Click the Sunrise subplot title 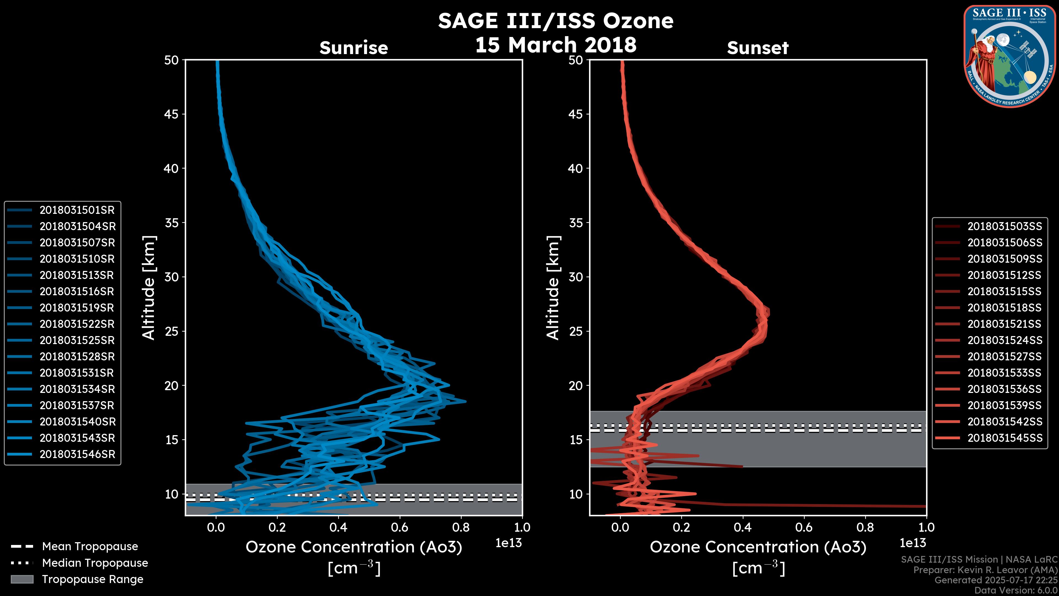pos(354,48)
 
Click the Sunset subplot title pos(758,48)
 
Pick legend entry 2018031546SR pos(77,454)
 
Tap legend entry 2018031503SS pos(1005,227)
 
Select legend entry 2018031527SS pos(1005,356)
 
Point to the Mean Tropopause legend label pos(90,547)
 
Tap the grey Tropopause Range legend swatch pos(22,579)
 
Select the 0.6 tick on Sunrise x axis pos(400,527)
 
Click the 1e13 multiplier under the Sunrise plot pos(509,543)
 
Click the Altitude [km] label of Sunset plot pos(553,288)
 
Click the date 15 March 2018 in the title pos(556,45)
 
